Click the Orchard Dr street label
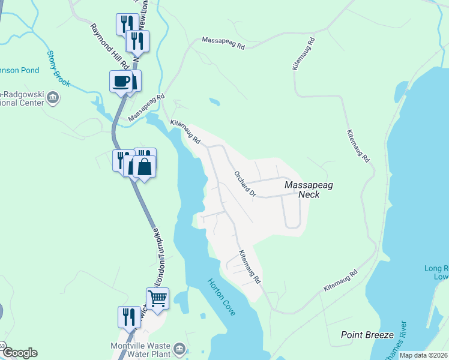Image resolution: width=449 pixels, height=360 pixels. click(245, 183)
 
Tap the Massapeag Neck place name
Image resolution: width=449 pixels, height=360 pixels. click(309, 190)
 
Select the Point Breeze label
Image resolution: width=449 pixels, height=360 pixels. click(367, 334)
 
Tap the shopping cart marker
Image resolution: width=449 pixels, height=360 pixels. click(157, 298)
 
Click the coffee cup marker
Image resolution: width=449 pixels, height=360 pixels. click(121, 81)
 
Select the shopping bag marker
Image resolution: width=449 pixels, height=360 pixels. click(145, 166)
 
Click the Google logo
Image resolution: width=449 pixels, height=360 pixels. click(20, 353)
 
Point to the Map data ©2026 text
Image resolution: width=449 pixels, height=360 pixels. click(423, 355)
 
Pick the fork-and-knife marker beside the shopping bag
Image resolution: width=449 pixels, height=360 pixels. click(122, 159)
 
